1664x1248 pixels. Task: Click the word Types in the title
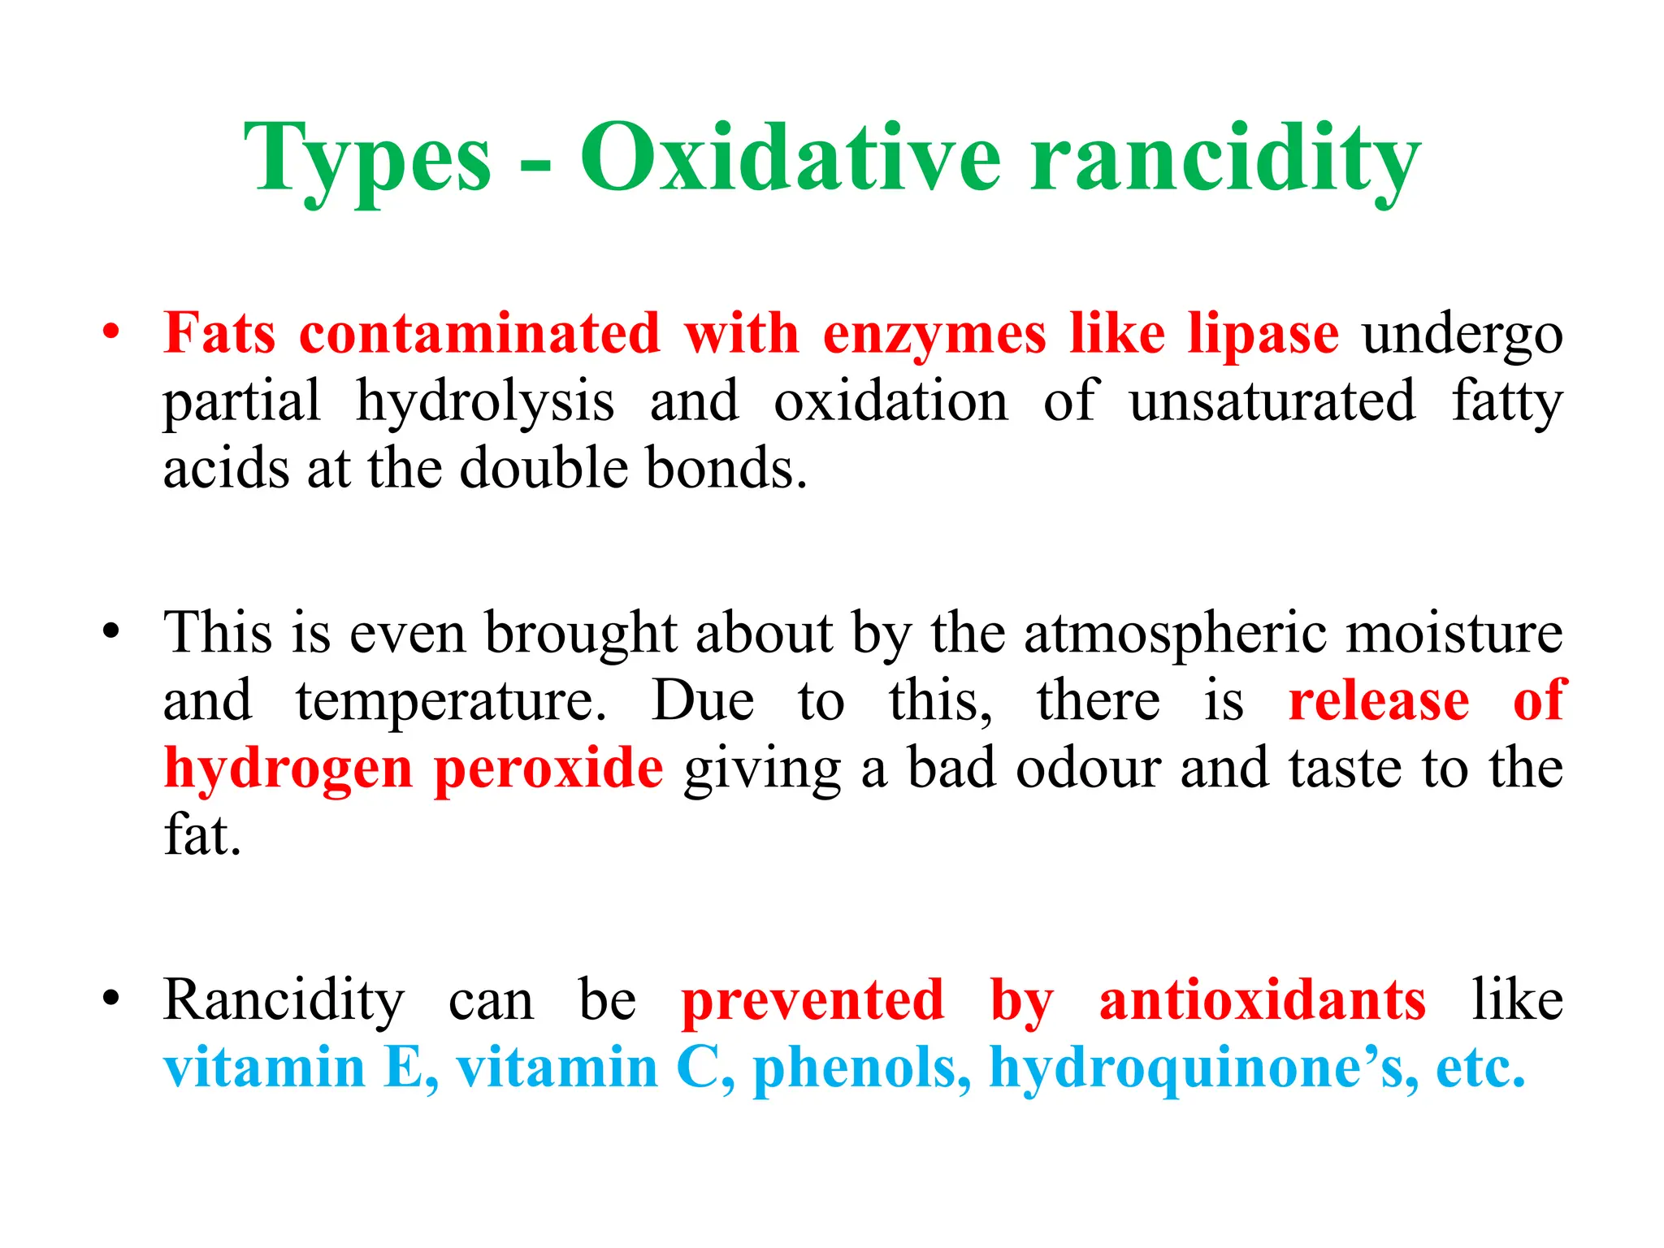click(367, 158)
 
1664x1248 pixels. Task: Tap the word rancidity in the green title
click(1224, 158)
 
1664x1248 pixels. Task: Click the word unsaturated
click(1272, 401)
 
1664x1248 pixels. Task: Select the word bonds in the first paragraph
click(726, 469)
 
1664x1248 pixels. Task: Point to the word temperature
click(450, 701)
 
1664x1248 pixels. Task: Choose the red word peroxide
click(548, 769)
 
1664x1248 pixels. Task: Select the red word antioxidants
click(1262, 1000)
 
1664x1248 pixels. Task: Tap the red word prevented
click(812, 1000)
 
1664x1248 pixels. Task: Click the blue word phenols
click(861, 1068)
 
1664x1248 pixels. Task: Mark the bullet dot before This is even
click(111, 630)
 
